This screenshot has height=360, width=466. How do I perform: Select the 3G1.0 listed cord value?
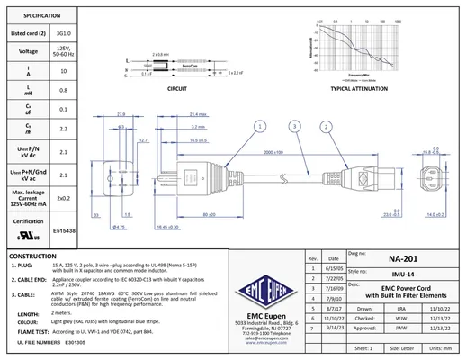coord(63,33)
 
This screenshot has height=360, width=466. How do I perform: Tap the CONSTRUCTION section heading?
coord(36,256)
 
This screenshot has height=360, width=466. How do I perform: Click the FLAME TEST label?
coord(33,331)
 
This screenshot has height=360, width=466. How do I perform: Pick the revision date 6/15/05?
coord(335,268)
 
